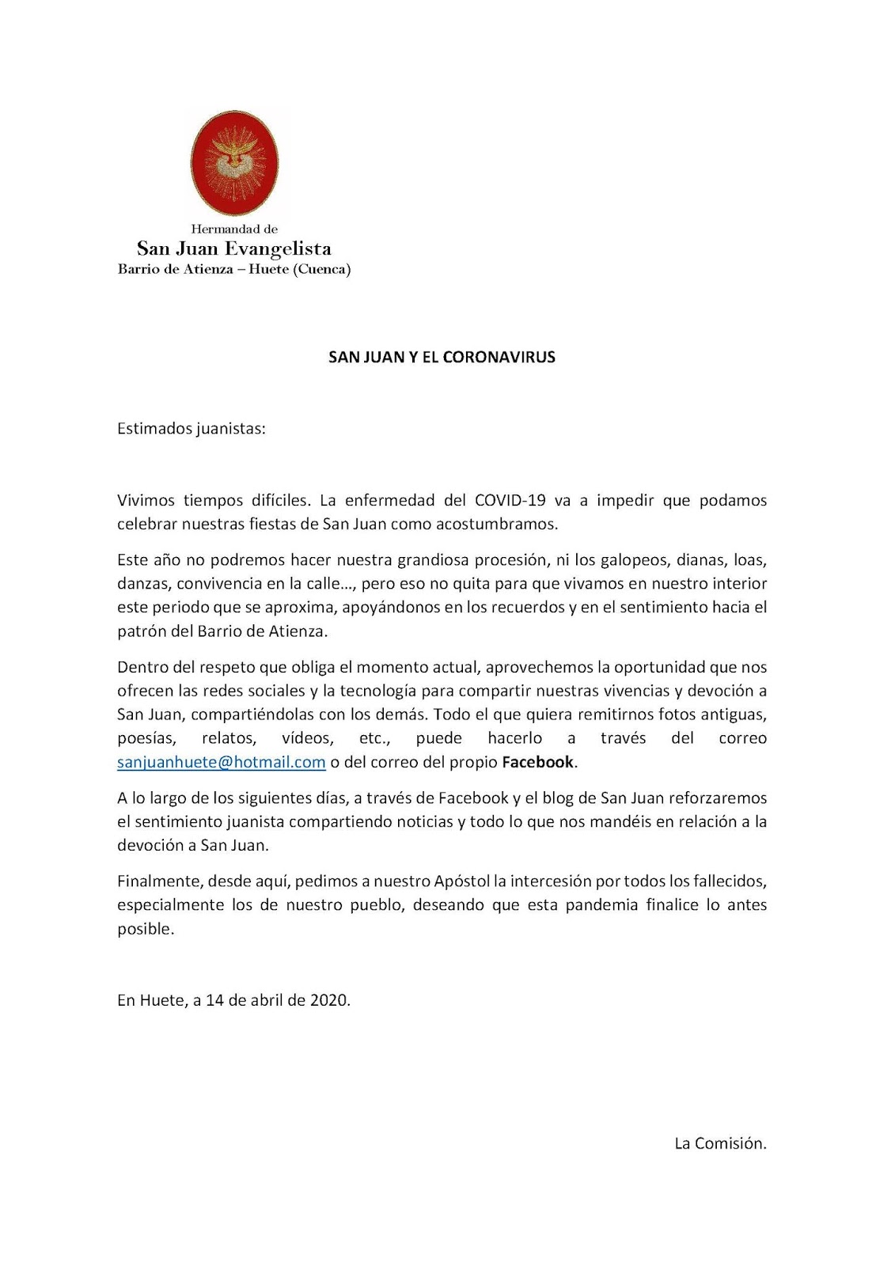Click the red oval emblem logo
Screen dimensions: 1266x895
click(x=234, y=163)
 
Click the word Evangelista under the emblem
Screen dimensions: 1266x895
click(x=278, y=248)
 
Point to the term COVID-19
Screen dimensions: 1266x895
click(x=510, y=501)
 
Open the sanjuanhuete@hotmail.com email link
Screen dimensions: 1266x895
click(x=222, y=762)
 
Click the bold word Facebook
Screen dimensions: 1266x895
click(x=537, y=762)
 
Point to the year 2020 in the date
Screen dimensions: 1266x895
click(x=328, y=999)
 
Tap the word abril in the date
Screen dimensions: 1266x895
click(x=267, y=999)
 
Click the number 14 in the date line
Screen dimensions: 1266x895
click(x=214, y=999)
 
